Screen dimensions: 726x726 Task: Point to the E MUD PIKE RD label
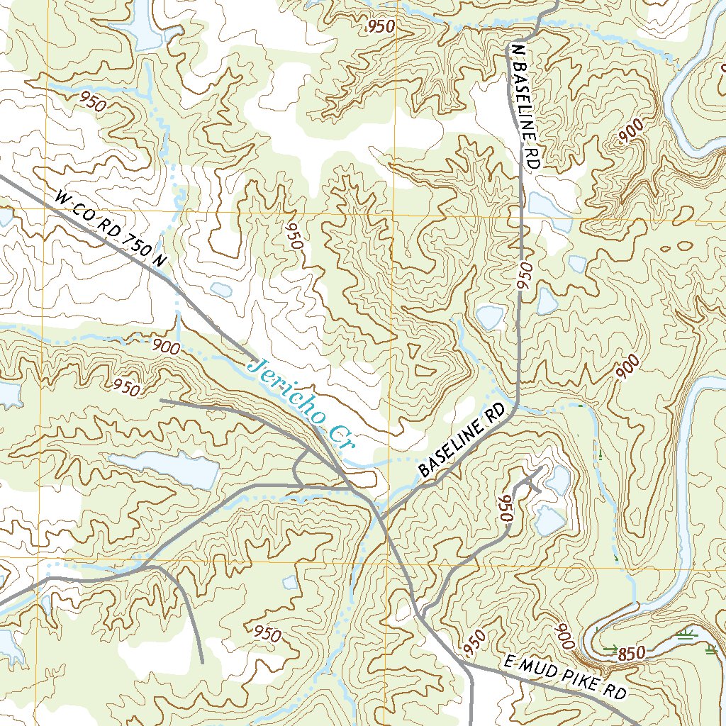(567, 677)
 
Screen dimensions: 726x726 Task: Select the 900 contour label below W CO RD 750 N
(166, 347)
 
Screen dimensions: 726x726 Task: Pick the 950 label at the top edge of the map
(381, 27)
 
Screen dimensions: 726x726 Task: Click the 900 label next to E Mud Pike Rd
(565, 636)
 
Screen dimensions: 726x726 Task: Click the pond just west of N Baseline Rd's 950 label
(490, 316)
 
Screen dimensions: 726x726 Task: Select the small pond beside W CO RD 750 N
(220, 289)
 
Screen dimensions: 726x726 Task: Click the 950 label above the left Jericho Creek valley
(126, 387)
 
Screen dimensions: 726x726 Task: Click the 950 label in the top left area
(94, 101)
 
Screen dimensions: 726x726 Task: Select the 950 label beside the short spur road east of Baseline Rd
(506, 509)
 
